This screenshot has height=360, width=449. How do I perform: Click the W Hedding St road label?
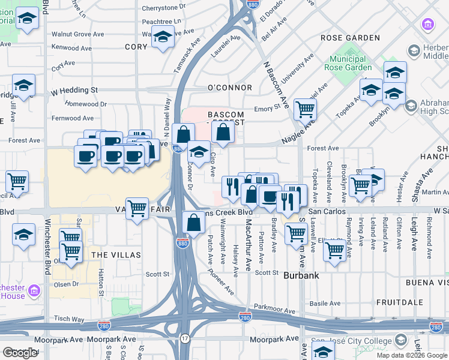[74, 90]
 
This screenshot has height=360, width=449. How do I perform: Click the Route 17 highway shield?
[185, 338]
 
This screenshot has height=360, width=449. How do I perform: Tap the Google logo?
[20, 353]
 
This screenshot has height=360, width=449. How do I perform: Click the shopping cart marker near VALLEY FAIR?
[137, 209]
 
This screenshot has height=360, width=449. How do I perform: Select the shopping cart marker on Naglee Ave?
[306, 110]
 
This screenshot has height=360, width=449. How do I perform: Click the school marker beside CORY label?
[162, 38]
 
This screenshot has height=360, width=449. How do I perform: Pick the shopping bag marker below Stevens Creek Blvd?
[194, 223]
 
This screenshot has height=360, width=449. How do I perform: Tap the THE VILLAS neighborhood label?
[115, 255]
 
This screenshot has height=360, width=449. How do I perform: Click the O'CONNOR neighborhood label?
[229, 88]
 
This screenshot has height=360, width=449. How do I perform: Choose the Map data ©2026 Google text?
[412, 355]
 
